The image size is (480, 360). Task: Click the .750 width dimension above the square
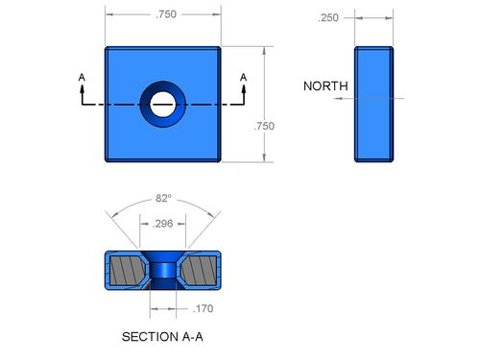pos(166,14)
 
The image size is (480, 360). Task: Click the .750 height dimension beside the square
pos(264,126)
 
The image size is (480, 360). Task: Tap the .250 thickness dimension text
pos(328,17)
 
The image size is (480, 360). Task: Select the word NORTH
pos(325,85)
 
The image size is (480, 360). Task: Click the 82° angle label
pos(163,198)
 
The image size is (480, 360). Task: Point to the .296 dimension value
pos(163,224)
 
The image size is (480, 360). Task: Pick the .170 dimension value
pos(203,308)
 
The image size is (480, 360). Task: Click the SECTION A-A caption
pos(162,337)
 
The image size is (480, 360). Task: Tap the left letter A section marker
pos(82,78)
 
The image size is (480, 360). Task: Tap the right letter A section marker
pos(244,78)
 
